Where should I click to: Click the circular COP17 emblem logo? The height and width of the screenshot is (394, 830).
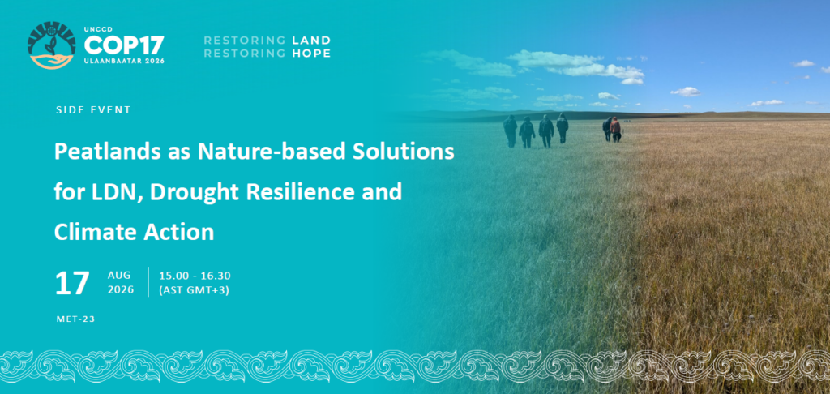(51, 45)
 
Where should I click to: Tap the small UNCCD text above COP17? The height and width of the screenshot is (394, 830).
(96, 29)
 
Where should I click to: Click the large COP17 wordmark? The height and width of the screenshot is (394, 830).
(124, 45)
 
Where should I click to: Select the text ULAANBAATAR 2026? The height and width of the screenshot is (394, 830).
(124, 61)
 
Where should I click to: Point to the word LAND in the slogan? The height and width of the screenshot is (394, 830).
(311, 41)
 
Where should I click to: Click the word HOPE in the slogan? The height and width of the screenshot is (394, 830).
(311, 53)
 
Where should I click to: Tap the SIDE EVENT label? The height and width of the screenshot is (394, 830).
(93, 110)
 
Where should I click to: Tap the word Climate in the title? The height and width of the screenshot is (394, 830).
(85, 232)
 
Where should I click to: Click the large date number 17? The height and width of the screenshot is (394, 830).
(72, 283)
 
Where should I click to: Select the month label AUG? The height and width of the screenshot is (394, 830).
(119, 276)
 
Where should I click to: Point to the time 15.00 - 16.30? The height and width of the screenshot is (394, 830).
(195, 276)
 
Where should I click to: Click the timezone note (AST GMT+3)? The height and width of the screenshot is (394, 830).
(194, 290)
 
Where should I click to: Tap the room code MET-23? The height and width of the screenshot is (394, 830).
(75, 319)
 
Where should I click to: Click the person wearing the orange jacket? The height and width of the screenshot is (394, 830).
(615, 129)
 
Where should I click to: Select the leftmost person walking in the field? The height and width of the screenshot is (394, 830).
(511, 131)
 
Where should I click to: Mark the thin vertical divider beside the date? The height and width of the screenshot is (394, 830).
(149, 282)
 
